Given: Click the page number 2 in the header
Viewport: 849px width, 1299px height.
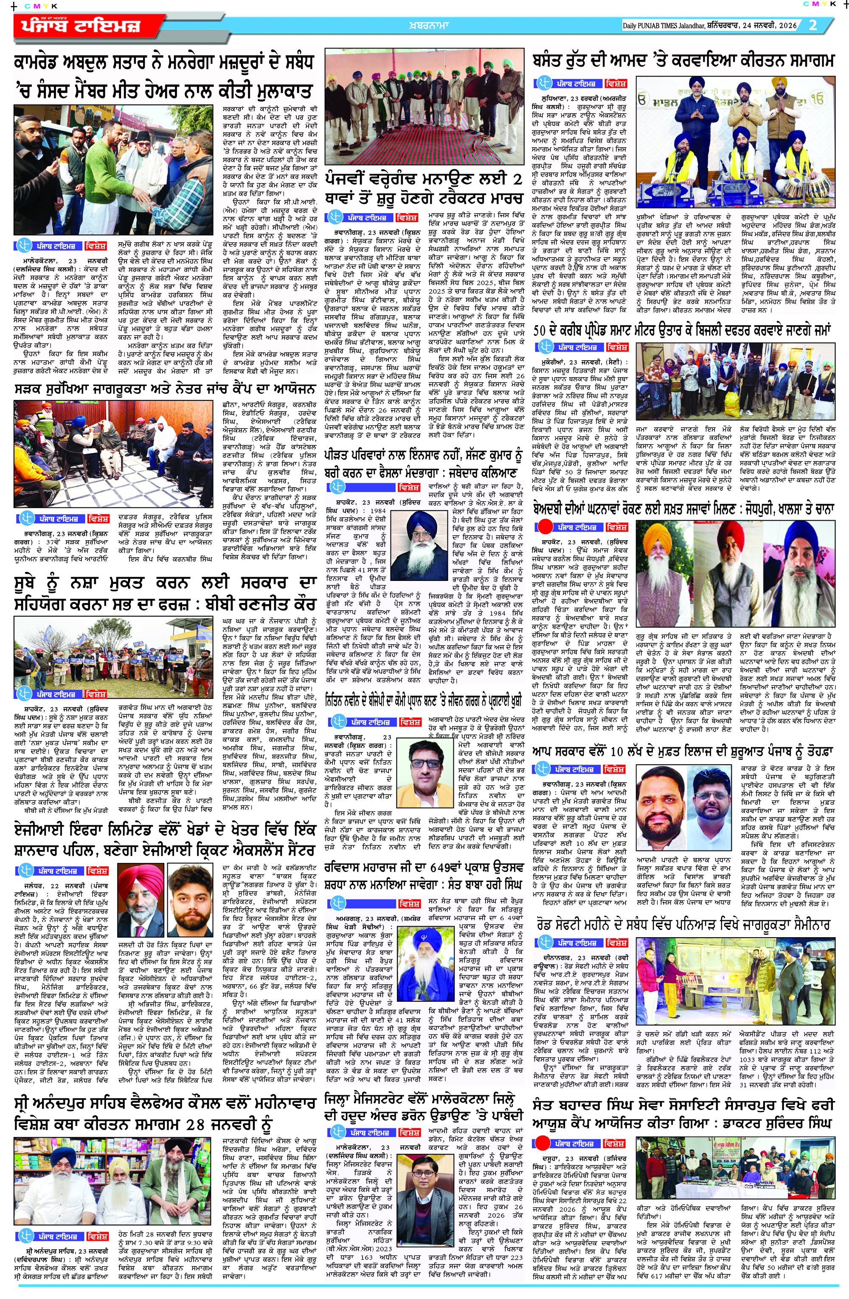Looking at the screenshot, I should coord(813,25).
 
